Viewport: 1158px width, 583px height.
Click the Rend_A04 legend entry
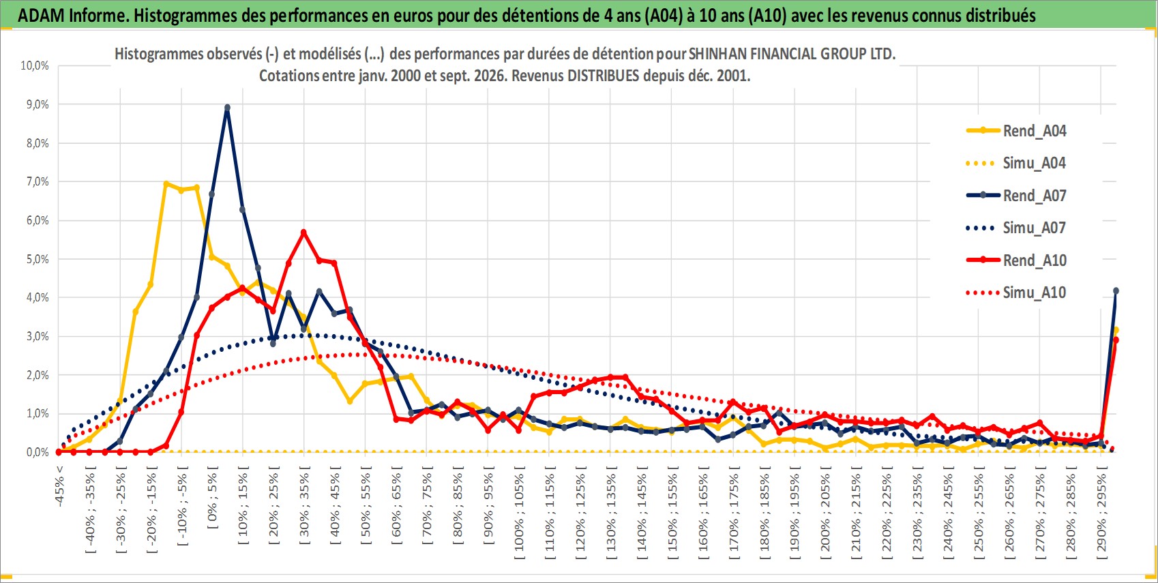1016,131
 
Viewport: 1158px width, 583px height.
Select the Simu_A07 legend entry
1016,228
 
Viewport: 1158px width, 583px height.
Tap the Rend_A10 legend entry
1016,260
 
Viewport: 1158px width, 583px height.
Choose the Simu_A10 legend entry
1016,293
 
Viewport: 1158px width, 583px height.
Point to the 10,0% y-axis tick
35,65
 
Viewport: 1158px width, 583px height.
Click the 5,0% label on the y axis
38,259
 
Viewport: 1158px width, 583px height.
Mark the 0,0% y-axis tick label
38,452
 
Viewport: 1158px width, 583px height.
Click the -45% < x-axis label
59,486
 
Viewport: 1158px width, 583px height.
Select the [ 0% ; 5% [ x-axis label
213,498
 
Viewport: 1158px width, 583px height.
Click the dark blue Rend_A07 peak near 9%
228,108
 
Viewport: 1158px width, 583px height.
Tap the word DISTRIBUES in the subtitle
604,76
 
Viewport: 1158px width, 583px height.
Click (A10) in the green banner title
767,16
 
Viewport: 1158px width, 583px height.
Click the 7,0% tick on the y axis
38,181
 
